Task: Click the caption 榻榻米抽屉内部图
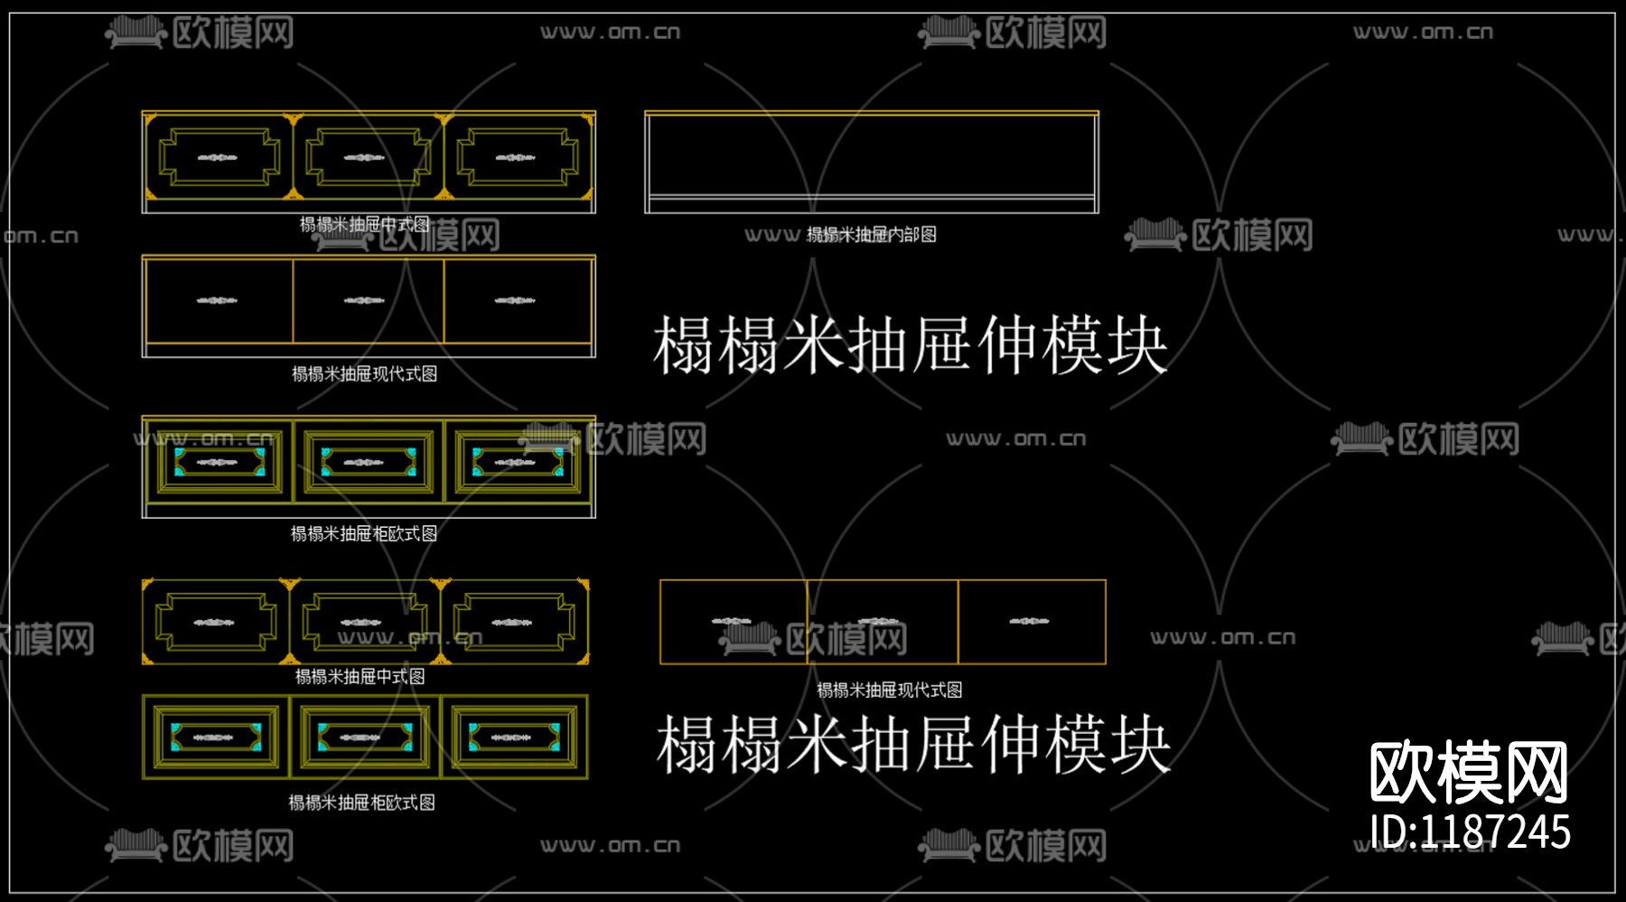[x=871, y=235]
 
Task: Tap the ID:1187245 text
[x=1470, y=832]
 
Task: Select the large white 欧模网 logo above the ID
[x=1469, y=772]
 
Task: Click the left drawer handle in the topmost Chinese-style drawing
[x=218, y=158]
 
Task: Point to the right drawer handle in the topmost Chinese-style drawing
[x=516, y=158]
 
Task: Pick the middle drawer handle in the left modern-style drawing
[x=364, y=300]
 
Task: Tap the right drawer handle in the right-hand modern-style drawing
[x=1029, y=621]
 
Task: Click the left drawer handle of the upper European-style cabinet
[x=217, y=463]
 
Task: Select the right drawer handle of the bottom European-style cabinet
[x=511, y=738]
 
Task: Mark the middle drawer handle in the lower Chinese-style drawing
[x=361, y=623]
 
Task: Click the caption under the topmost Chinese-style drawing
[x=364, y=224]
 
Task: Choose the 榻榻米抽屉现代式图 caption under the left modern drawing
[x=364, y=374]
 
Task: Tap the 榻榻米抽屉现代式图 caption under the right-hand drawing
[x=889, y=691]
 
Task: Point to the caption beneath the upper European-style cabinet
[x=364, y=534]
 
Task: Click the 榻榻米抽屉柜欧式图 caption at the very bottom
[x=361, y=803]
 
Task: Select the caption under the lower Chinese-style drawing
[x=360, y=677]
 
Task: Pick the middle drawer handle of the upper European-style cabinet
[x=365, y=463]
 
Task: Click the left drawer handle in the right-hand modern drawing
[x=732, y=621]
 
